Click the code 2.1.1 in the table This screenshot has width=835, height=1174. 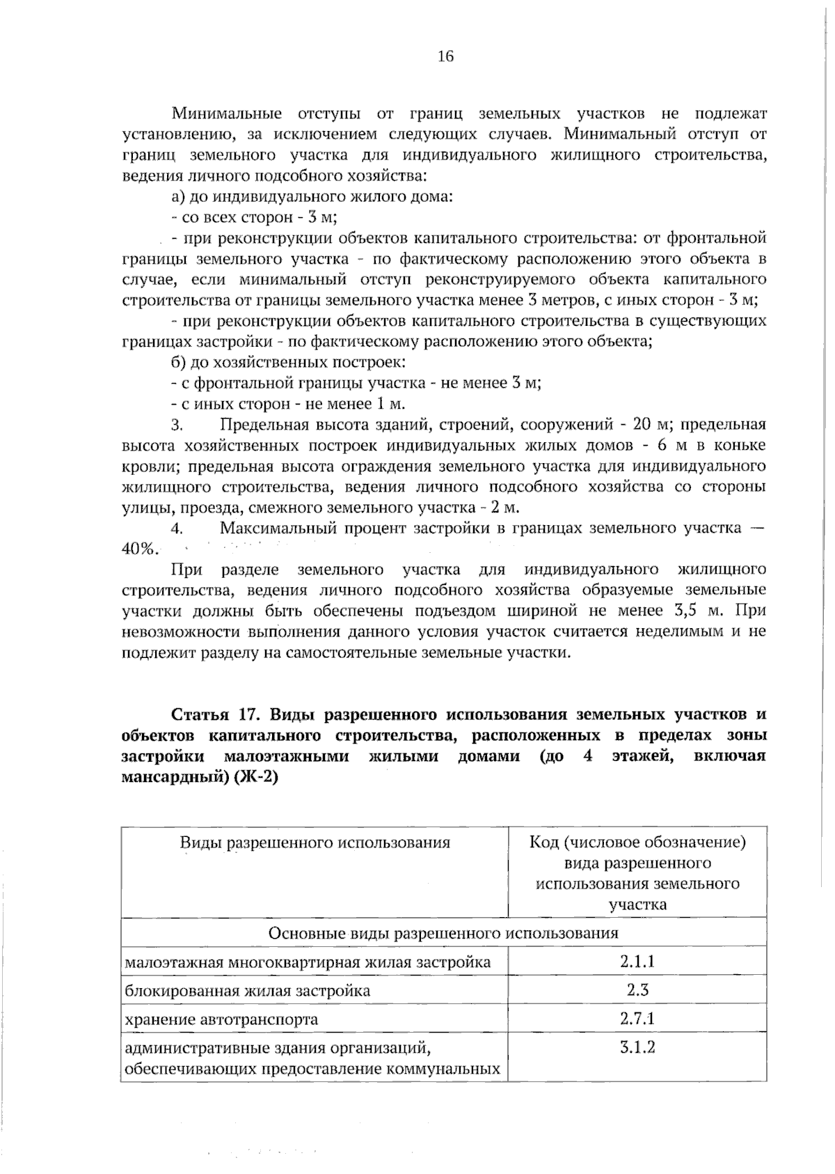click(637, 962)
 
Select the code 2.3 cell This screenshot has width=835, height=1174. click(637, 990)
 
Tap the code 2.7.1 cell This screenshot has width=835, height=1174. click(637, 1019)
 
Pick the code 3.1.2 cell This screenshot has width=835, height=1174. click(637, 1047)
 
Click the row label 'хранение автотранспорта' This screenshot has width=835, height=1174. click(221, 1019)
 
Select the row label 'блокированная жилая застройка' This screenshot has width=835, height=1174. click(247, 991)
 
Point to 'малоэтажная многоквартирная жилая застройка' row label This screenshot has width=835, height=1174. click(307, 962)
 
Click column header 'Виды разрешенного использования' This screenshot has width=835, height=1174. click(315, 843)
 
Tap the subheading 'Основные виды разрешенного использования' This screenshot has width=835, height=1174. click(443, 933)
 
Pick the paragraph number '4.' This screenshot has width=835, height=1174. click(177, 529)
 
